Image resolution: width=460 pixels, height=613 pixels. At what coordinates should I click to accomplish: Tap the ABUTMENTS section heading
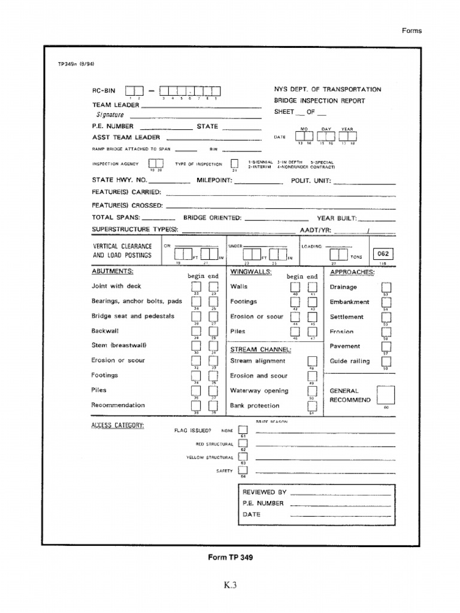112,271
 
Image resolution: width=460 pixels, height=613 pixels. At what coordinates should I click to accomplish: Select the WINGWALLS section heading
251,271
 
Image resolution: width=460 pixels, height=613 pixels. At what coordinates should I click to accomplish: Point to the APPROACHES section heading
352,272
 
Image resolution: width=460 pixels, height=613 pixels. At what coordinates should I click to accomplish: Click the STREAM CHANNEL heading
261,349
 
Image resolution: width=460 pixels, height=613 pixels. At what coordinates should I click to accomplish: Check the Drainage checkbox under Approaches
386,287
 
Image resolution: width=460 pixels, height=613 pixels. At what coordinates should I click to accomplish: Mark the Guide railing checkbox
386,361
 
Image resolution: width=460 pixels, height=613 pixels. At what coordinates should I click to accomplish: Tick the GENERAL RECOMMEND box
386,395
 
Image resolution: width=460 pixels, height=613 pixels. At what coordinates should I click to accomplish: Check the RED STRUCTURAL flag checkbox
243,444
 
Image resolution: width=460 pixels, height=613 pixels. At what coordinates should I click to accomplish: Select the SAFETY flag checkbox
243,471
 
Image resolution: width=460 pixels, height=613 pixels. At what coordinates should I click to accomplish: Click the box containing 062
382,253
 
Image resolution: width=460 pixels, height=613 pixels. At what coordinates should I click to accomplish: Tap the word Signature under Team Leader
108,114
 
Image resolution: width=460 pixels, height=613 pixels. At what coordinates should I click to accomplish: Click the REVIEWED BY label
264,492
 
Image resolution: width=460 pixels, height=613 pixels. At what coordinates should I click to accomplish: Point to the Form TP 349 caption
230,557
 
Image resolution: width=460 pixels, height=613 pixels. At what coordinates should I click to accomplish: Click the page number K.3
230,586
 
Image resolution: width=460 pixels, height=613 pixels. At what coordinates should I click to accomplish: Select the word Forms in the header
412,31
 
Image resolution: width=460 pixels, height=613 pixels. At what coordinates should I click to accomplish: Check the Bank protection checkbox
311,405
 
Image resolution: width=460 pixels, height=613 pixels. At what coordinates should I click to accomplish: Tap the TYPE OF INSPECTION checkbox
234,163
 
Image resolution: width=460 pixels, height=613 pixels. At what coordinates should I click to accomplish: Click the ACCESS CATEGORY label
117,426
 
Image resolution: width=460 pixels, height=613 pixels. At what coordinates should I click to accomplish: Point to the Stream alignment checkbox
311,361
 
